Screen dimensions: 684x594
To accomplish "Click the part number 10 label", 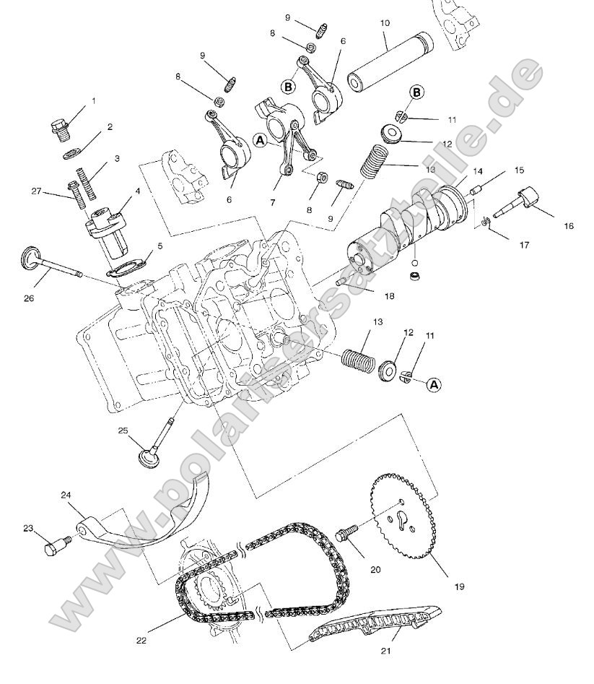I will pos(385,24).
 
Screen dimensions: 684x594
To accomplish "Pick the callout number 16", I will pos(569,226).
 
